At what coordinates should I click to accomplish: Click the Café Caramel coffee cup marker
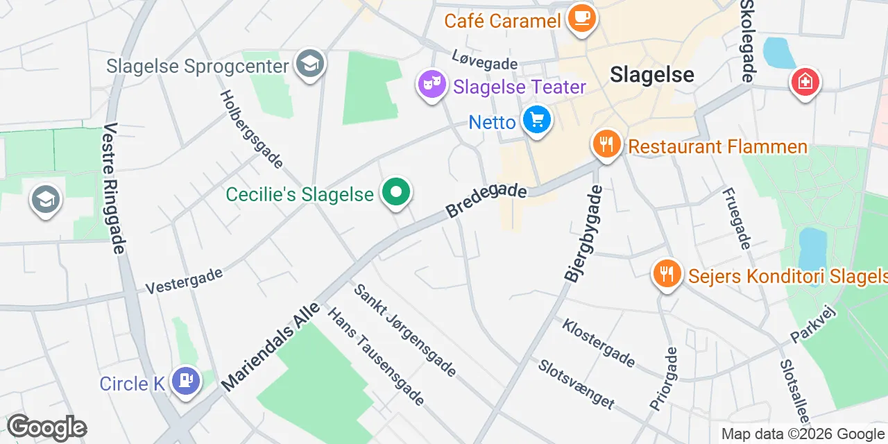coord(581,17)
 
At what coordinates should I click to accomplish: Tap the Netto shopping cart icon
coord(536,119)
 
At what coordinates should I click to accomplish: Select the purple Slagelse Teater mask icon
coord(431,85)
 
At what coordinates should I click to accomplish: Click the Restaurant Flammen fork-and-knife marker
coord(606,144)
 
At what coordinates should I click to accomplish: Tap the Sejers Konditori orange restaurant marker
coord(667,273)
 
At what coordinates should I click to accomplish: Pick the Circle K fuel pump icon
coord(185,379)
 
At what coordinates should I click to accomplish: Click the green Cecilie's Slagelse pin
coord(396,192)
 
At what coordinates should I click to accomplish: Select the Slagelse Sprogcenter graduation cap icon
coord(309,64)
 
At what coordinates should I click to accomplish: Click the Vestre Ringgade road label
coord(114,189)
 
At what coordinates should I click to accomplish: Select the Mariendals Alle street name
coord(271,345)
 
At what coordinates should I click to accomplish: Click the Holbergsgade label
coord(252,129)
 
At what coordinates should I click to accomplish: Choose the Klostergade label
coord(598,343)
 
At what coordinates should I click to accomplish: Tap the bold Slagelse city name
coord(652,74)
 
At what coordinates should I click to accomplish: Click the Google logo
coord(46,427)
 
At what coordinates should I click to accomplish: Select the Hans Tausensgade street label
coord(375,357)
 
